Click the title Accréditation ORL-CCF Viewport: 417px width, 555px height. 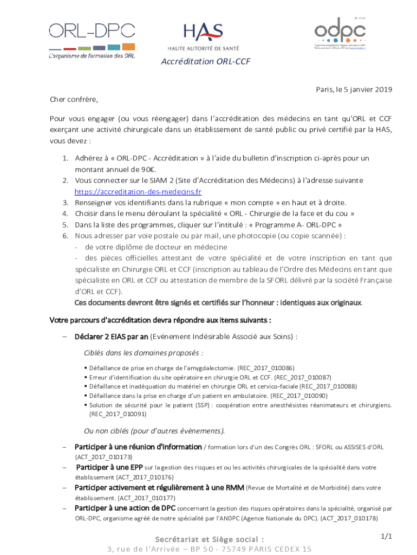pos(205,62)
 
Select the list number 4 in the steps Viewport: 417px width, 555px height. pos(64,214)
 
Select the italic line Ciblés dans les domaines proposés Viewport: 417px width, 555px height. pos(144,353)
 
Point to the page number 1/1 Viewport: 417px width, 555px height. pos(386,537)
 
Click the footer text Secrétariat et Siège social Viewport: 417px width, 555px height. pos(210,539)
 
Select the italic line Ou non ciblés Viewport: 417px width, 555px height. pos(154,431)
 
